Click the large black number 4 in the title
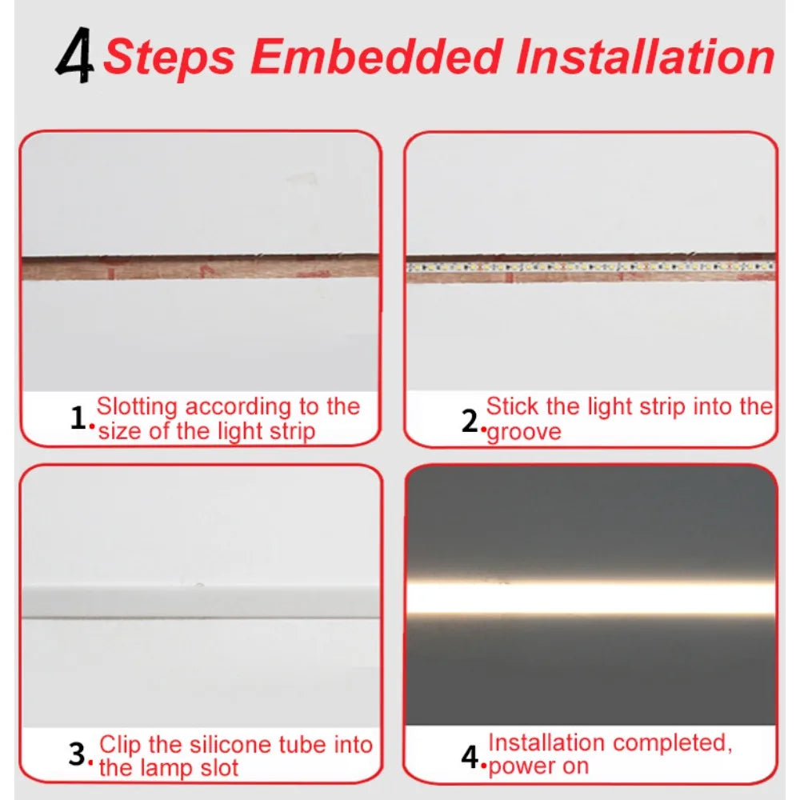coord(75,58)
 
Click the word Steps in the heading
coord(170,57)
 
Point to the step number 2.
coord(470,421)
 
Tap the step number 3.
coord(77,754)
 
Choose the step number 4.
coord(470,755)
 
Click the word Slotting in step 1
coord(137,406)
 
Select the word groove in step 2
coord(524,432)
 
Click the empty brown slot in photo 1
coord(200,266)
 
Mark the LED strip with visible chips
coord(590,266)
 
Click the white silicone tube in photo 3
coord(200,602)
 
